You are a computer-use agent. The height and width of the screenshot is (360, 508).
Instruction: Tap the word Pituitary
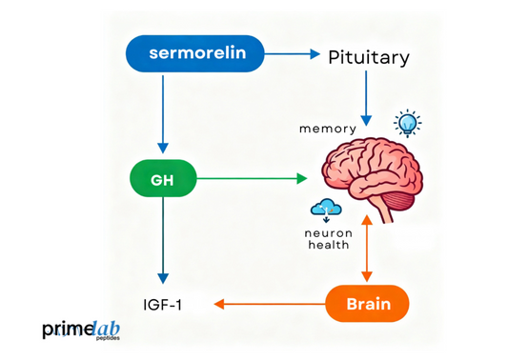pyautogui.click(x=369, y=57)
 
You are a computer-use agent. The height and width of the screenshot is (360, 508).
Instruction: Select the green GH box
pyautogui.click(x=163, y=177)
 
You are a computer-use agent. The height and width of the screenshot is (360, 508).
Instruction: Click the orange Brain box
pyautogui.click(x=368, y=304)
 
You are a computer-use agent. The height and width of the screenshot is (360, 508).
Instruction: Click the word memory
pyautogui.click(x=329, y=127)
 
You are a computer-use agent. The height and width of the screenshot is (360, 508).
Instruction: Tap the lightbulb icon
pyautogui.click(x=409, y=122)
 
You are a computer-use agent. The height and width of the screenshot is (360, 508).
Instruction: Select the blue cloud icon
pyautogui.click(x=325, y=209)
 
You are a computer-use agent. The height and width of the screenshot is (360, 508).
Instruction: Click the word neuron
pyautogui.click(x=329, y=231)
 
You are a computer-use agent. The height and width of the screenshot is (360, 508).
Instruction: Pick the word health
pyautogui.click(x=329, y=245)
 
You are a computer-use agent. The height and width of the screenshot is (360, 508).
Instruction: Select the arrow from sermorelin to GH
pyautogui.click(x=163, y=114)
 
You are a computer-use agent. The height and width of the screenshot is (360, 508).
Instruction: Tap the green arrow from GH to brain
pyautogui.click(x=253, y=177)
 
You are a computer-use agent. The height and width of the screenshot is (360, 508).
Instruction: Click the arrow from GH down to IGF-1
pyautogui.click(x=163, y=238)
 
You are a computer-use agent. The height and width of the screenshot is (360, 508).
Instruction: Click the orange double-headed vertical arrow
pyautogui.click(x=367, y=250)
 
